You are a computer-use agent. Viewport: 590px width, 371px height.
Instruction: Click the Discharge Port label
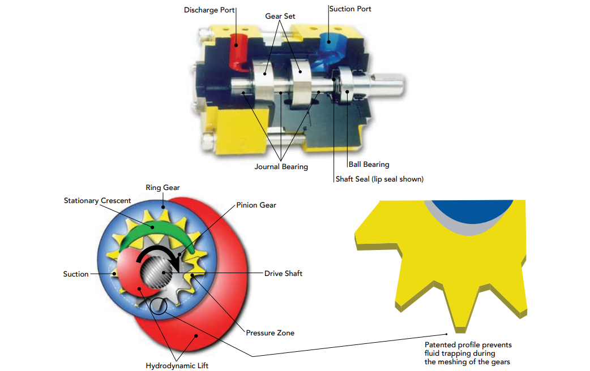click(209, 10)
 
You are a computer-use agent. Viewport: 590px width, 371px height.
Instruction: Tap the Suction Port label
click(350, 9)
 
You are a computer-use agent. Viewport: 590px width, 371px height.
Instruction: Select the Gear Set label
click(280, 16)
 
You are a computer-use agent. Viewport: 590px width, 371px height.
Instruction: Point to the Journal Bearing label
click(281, 166)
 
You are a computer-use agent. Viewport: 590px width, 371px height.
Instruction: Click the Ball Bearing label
click(369, 164)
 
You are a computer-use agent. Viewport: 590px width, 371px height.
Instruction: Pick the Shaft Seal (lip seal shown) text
click(380, 179)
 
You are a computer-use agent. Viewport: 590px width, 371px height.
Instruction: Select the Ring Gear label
click(163, 188)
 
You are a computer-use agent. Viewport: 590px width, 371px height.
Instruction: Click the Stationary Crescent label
click(97, 201)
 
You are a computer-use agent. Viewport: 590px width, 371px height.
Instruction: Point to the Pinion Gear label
click(256, 205)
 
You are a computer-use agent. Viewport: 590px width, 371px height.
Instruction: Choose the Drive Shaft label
click(283, 274)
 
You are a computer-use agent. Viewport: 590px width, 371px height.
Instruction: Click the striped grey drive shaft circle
click(156, 273)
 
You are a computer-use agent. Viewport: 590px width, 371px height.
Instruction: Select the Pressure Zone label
click(270, 333)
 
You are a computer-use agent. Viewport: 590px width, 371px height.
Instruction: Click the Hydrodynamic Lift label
click(177, 366)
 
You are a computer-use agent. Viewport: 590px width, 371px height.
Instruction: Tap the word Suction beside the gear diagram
click(76, 274)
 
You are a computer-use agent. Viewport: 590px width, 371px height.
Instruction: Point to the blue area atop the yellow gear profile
click(472, 210)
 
